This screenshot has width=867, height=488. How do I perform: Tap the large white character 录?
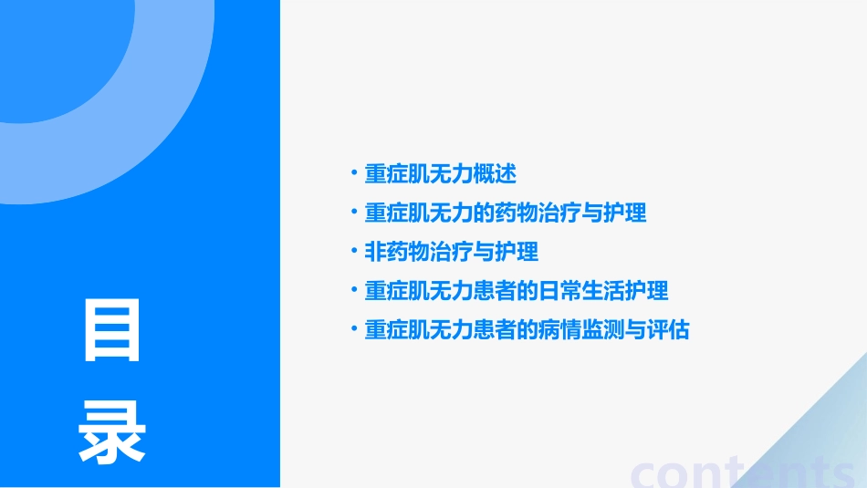(113, 432)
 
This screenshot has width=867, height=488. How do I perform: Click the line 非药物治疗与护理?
(451, 252)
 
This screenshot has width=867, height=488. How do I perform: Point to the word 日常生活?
(580, 291)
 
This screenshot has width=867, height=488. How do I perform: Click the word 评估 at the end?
(668, 330)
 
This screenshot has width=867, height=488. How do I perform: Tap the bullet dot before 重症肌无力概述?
(353, 172)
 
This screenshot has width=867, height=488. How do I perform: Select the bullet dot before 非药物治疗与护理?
(353, 251)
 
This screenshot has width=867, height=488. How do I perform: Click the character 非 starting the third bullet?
(375, 252)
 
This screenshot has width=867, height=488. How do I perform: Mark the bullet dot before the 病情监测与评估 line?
(353, 329)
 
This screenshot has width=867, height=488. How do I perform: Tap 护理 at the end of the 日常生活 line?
(647, 291)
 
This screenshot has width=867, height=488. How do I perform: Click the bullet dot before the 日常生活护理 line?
(353, 290)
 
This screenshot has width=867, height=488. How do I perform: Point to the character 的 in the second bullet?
(484, 213)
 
